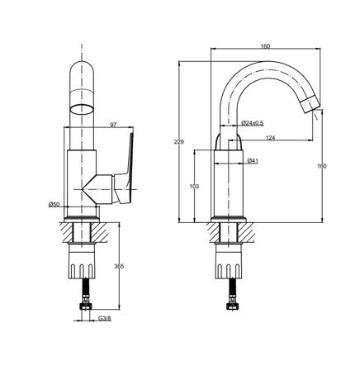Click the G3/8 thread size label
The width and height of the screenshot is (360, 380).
105,318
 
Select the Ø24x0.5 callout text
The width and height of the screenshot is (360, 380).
253,123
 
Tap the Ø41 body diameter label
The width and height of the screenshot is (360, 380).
253,159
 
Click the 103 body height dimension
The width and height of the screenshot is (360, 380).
194,187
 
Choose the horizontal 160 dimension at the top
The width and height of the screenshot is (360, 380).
265,46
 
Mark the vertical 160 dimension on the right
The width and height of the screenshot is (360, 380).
322,166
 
